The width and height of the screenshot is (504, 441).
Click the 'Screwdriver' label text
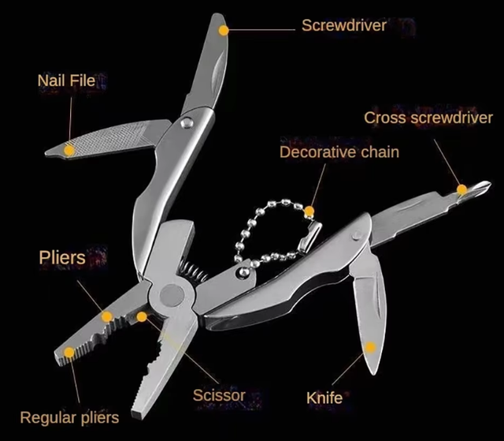[x=344, y=25]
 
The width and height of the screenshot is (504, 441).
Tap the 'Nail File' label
[x=66, y=80]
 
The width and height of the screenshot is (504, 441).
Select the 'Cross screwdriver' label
[x=428, y=118]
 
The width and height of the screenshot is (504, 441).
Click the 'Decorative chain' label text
[x=339, y=152]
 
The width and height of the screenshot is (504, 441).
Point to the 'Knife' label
[x=324, y=398]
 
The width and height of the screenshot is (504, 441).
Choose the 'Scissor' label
[x=219, y=395]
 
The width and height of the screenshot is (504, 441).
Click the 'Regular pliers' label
[x=69, y=418]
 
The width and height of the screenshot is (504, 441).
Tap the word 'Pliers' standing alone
[x=62, y=257]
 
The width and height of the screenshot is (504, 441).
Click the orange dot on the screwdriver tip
[x=224, y=31]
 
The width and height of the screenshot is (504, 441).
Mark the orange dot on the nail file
[x=69, y=151]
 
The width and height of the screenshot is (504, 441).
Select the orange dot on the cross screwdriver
[x=462, y=189]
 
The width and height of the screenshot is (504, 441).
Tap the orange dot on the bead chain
[x=309, y=211]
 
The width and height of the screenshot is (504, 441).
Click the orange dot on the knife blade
[x=370, y=347]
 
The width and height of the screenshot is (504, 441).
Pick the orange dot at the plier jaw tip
[x=69, y=353]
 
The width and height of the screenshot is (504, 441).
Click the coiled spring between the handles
[x=192, y=271]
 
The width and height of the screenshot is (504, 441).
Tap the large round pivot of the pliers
[x=172, y=295]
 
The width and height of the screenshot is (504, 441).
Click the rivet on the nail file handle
[x=187, y=122]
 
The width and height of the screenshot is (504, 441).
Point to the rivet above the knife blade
[x=357, y=236]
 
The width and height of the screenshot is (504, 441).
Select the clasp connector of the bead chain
[x=309, y=236]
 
